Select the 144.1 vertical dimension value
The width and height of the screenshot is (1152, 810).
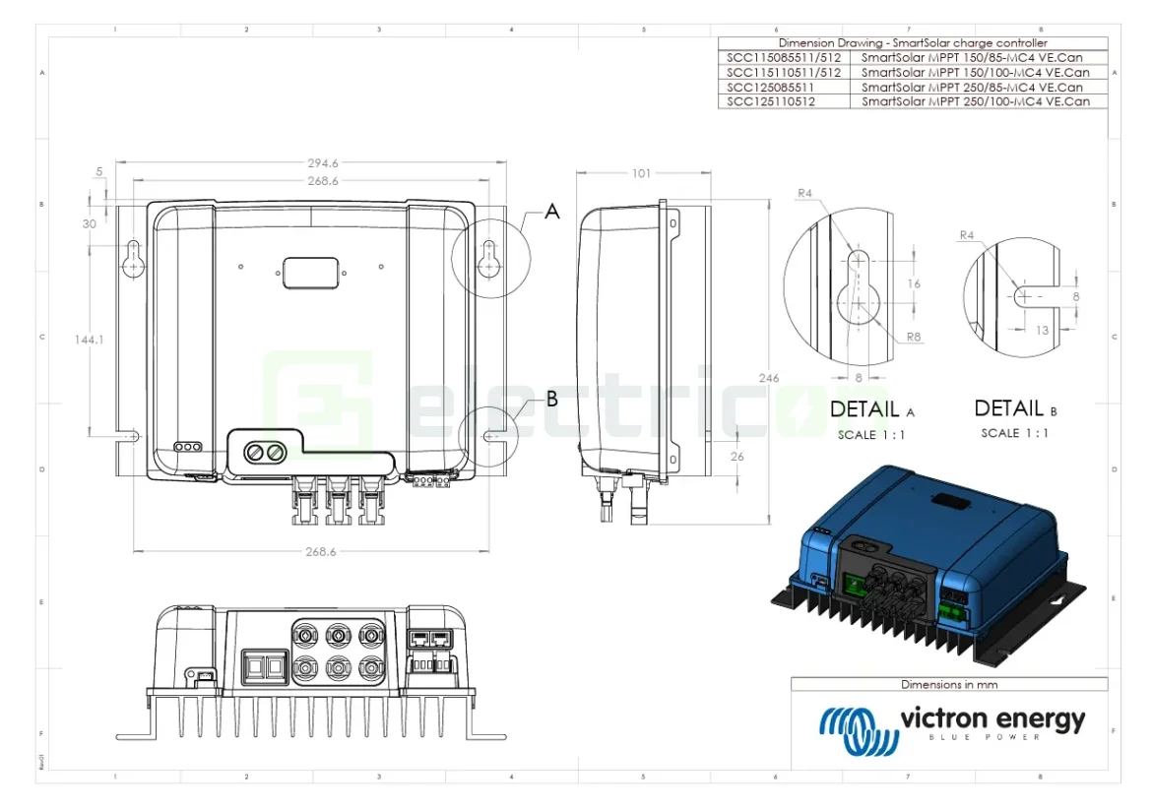[x=89, y=339]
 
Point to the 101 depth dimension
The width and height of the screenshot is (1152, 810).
[x=640, y=173]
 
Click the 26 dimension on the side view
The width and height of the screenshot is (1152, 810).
[x=737, y=457]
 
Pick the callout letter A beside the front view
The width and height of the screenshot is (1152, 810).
[x=552, y=212]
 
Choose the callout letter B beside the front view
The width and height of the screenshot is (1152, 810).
[x=551, y=399]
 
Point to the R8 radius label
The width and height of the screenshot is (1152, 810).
[x=915, y=337]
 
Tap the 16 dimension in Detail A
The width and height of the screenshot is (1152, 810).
[x=914, y=283]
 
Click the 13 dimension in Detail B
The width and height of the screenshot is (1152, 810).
[x=1042, y=331]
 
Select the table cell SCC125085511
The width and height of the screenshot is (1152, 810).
[x=771, y=87]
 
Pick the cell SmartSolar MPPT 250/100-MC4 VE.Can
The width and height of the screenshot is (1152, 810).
[x=975, y=101]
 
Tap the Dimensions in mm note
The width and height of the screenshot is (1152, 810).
[x=949, y=684]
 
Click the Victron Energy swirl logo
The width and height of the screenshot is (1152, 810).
[x=855, y=729]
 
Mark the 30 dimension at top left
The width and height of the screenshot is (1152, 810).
[x=90, y=223]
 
